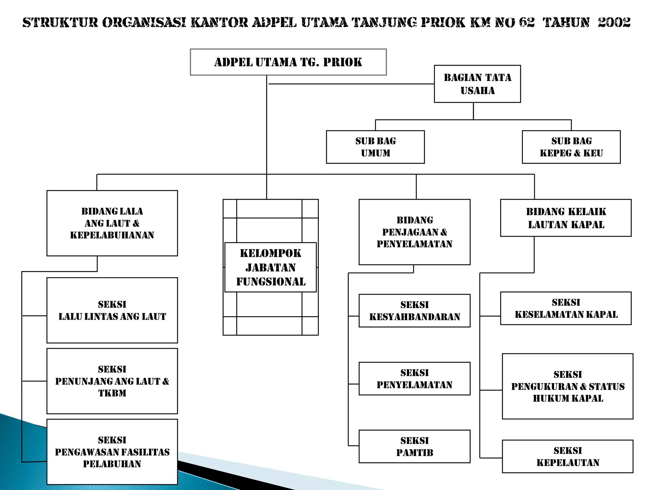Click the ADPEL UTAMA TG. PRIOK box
point(288,62)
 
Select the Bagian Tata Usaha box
point(477,84)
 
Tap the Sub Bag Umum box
point(375,147)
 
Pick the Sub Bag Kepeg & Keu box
point(571,147)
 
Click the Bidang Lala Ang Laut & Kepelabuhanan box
point(112,223)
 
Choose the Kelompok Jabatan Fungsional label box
point(270,267)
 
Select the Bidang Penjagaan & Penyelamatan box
point(414,232)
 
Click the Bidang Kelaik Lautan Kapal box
point(566,218)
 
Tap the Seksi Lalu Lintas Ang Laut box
point(112,310)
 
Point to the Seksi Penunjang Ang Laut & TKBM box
point(112,381)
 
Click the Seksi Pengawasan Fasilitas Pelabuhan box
point(112,452)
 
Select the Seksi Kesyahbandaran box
point(414,310)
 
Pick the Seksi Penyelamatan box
point(414,379)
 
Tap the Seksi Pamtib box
point(414,447)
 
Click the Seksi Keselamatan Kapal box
point(566,308)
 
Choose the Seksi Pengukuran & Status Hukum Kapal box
point(568,386)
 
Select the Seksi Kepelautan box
point(568,456)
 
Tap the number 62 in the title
point(526,22)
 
